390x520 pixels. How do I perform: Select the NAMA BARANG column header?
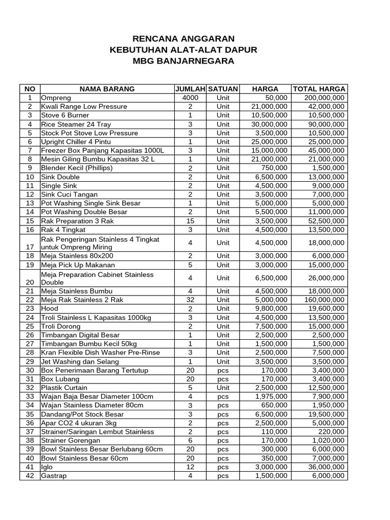click(x=107, y=89)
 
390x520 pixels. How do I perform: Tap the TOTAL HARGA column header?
click(x=319, y=89)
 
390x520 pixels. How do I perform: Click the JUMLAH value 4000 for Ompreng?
click(x=190, y=98)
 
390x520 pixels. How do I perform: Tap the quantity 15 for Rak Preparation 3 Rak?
click(x=190, y=221)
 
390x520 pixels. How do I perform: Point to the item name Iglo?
click(x=47, y=467)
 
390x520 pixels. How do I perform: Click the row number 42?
click(x=30, y=476)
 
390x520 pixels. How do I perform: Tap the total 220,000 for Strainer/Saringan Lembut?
click(x=332, y=432)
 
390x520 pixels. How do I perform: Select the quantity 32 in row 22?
click(x=190, y=300)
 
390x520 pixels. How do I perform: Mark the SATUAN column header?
click(x=223, y=89)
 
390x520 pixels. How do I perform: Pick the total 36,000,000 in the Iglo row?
click(x=326, y=467)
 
